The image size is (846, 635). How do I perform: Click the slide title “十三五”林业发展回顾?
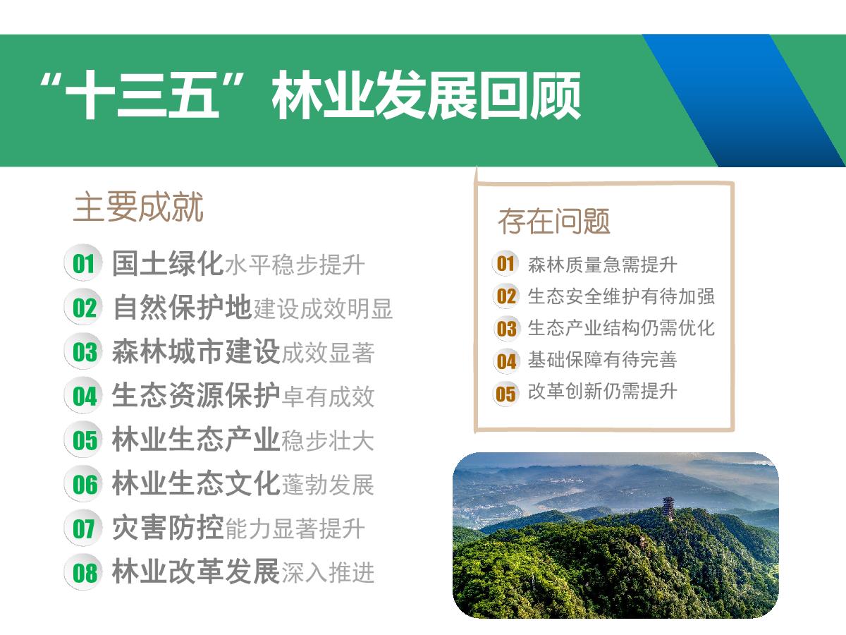click(310, 95)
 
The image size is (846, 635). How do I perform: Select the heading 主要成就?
click(138, 207)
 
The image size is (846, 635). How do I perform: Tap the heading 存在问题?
click(554, 221)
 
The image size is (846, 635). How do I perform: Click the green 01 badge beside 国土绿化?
click(83, 263)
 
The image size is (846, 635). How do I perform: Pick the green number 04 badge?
click(83, 396)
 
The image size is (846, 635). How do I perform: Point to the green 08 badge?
click(83, 572)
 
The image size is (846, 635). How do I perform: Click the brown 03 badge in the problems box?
click(506, 329)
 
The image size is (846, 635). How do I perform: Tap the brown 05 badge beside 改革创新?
click(505, 394)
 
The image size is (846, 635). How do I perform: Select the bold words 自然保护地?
click(183, 308)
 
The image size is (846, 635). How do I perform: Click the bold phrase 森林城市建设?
click(196, 351)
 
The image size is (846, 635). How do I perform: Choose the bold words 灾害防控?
click(168, 528)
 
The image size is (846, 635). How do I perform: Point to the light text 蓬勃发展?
click(328, 485)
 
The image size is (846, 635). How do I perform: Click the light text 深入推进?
click(328, 572)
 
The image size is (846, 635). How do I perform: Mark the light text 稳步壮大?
click(328, 441)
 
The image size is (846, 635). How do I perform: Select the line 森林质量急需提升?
click(602, 265)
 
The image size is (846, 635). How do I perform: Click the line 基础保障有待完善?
click(602, 360)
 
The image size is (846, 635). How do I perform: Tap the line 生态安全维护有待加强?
click(621, 296)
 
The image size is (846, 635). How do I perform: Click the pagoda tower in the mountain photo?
click(669, 509)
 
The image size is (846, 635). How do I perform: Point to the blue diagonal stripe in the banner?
click(744, 101)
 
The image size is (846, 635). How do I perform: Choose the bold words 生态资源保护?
click(196, 396)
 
